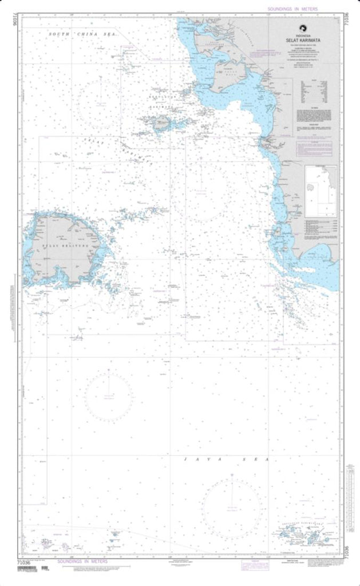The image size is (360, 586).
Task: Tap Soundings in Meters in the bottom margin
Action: [x=80, y=563]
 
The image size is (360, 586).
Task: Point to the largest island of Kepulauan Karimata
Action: [x=160, y=122]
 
